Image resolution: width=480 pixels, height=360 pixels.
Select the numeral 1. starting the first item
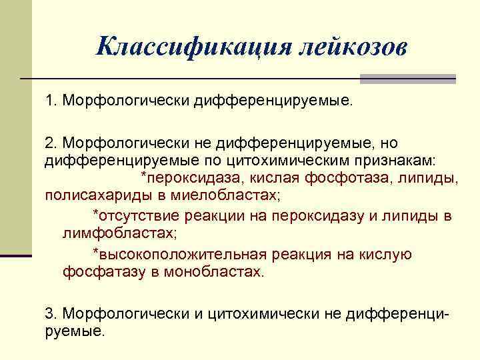[x=51, y=101]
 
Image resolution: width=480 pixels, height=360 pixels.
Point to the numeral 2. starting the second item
[x=51, y=143]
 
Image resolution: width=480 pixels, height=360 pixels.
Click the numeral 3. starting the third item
[x=51, y=313]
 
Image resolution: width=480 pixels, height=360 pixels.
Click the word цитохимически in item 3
[x=266, y=313]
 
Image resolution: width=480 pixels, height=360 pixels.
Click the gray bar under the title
[x=407, y=79]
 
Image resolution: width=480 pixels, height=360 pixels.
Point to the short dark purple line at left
[x=16, y=255]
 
